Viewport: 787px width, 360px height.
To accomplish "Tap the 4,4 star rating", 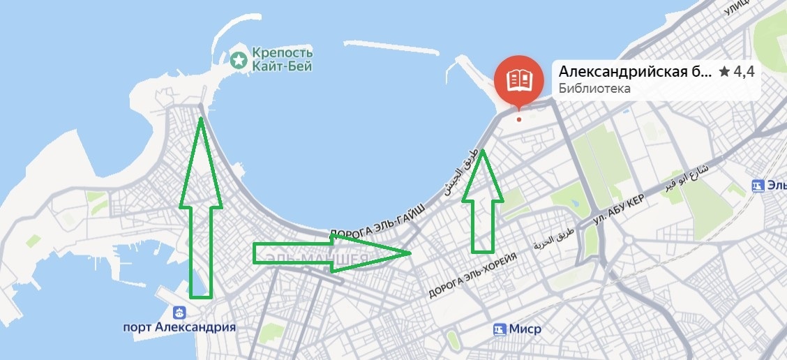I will (x=737, y=72).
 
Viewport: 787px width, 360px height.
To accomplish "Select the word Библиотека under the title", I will (x=594, y=89).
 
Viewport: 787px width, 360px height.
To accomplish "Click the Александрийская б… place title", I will (x=635, y=71).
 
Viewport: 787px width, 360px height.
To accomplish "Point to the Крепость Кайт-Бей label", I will (x=282, y=60).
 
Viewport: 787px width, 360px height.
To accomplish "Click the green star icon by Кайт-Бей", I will (x=239, y=60).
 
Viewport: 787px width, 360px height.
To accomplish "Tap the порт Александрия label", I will (x=179, y=327).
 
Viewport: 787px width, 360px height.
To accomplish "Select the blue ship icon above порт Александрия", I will (x=179, y=311).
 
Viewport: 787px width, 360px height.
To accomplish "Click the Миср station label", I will (x=525, y=329).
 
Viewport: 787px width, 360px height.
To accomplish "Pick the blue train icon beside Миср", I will (x=499, y=329).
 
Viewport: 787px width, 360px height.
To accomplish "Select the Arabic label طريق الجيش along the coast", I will (x=463, y=170).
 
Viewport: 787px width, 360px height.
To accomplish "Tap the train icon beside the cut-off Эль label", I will (x=758, y=186).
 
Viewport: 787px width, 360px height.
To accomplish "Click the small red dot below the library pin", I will (x=518, y=119).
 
